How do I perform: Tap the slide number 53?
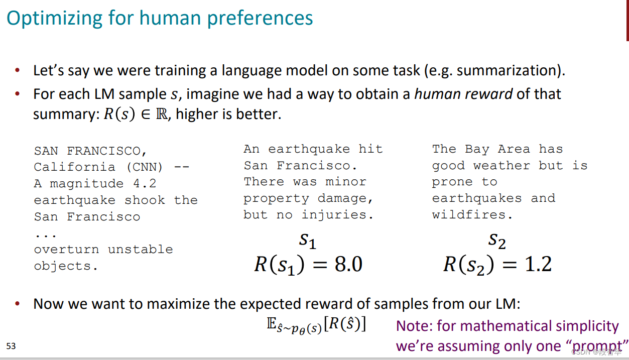point(11,346)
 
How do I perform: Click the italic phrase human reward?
point(463,94)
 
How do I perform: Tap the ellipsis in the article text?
point(46,234)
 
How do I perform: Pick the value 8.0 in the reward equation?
point(348,264)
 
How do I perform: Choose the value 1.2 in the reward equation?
point(538,264)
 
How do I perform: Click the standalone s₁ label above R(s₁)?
point(308,241)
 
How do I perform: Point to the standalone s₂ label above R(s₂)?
point(497,241)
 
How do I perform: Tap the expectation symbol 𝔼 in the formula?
point(272,324)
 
